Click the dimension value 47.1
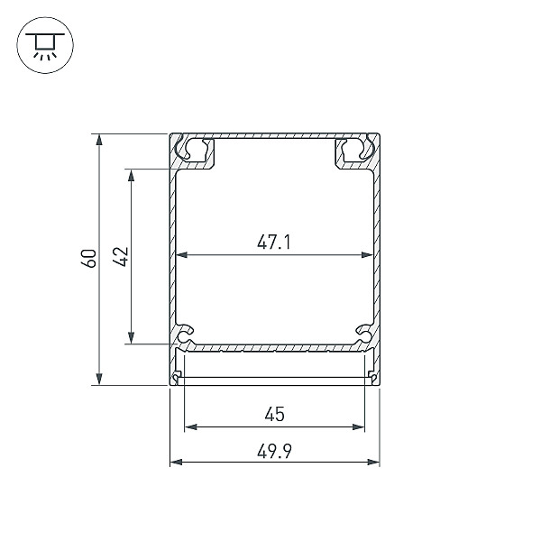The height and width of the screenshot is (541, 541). click(275, 242)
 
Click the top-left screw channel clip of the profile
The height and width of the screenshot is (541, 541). click(195, 151)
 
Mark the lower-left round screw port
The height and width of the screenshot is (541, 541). click(186, 336)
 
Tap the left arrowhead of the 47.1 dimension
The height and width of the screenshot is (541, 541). click(181, 255)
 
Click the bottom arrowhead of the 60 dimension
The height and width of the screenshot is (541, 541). click(98, 380)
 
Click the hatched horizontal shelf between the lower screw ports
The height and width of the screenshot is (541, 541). click(275, 346)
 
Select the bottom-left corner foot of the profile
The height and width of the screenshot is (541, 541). click(176, 377)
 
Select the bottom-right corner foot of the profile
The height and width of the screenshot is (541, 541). click(373, 377)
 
